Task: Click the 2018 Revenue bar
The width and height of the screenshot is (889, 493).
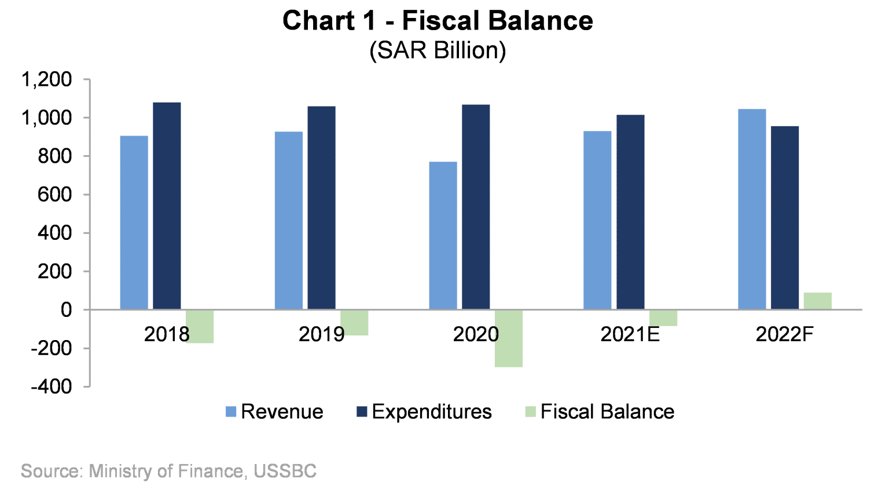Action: pyautogui.click(x=134, y=222)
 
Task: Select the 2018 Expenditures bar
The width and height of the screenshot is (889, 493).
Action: pyautogui.click(x=167, y=206)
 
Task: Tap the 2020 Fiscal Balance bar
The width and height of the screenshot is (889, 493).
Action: pyautogui.click(x=509, y=338)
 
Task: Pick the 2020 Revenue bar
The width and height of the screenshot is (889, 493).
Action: pyautogui.click(x=443, y=235)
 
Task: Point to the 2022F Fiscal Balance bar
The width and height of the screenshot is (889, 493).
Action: pyautogui.click(x=817, y=301)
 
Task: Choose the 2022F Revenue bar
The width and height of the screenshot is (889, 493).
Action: pyautogui.click(x=752, y=209)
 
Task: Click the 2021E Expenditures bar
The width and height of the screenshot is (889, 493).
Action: pyautogui.click(x=630, y=212)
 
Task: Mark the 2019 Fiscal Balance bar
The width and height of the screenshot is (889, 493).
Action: pyautogui.click(x=354, y=323)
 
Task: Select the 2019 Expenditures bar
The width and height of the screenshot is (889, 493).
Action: pyautogui.click(x=321, y=207)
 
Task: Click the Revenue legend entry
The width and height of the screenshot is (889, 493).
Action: pyautogui.click(x=274, y=412)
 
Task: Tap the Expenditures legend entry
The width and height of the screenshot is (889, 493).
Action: pyautogui.click(x=424, y=412)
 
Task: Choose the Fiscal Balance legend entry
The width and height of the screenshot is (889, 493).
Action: pyautogui.click(x=600, y=412)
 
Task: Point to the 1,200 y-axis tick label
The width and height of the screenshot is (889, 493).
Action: pyautogui.click(x=46, y=79)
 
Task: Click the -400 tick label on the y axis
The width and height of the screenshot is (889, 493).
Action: pyautogui.click(x=52, y=386)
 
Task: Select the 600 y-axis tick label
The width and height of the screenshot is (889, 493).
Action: pyautogui.click(x=55, y=195)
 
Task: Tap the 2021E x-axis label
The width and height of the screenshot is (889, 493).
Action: pyautogui.click(x=630, y=334)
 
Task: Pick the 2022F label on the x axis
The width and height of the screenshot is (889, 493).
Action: pyautogui.click(x=784, y=334)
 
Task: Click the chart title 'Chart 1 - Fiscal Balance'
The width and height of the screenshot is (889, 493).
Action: pyautogui.click(x=438, y=21)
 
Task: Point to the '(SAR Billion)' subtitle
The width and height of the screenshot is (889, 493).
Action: pyautogui.click(x=438, y=50)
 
